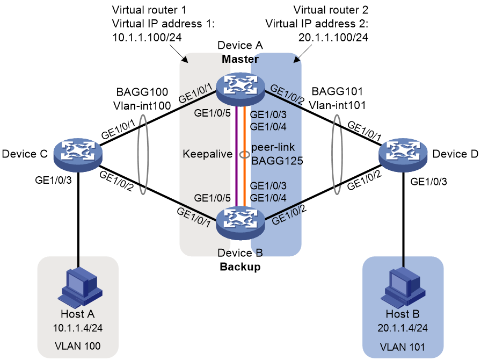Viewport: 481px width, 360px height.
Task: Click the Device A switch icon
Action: pos(240,89)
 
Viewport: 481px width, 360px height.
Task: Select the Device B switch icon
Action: pos(240,222)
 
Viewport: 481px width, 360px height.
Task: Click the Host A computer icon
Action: pos(81,287)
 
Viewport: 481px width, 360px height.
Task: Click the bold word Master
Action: pos(240,59)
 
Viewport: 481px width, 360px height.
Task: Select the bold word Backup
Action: pos(240,267)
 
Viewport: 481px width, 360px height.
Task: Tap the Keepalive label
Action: pos(208,154)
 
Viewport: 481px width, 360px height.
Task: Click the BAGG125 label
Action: pos(277,161)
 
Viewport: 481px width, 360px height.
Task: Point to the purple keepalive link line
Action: pos(237,156)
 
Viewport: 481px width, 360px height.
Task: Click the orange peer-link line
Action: pos(244,156)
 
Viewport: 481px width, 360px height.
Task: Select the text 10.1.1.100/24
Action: pos(147,38)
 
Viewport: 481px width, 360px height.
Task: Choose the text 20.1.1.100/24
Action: pos(333,38)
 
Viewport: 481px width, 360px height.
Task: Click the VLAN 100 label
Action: pos(78,346)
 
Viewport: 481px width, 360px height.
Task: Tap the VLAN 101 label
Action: pos(403,347)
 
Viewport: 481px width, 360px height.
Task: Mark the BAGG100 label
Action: pos(142,92)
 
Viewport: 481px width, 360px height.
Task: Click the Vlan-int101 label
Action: pos(337,105)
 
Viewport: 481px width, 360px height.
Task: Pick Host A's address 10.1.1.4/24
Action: pos(78,328)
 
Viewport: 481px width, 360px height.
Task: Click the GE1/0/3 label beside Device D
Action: pos(428,182)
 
